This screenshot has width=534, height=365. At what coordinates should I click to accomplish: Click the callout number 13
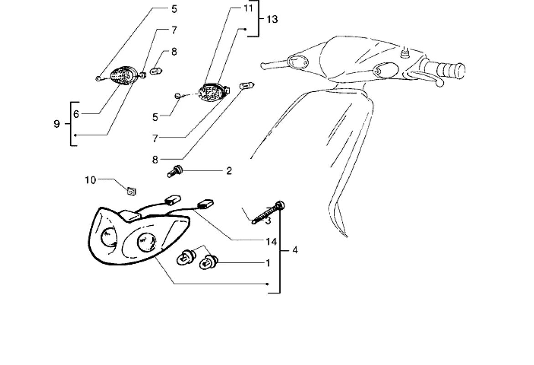click(x=272, y=19)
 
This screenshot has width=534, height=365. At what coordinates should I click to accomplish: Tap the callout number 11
click(x=248, y=8)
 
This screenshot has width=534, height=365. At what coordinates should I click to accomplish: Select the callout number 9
click(x=57, y=124)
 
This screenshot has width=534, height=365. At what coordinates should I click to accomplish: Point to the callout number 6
click(x=76, y=114)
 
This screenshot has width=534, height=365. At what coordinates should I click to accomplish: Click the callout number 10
click(x=90, y=180)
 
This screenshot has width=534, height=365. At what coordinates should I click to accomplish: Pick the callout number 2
click(x=229, y=171)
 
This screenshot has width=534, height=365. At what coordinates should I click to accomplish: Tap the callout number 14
click(x=271, y=241)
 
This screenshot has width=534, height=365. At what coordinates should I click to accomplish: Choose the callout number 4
click(x=295, y=250)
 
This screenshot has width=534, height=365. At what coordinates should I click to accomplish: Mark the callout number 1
click(x=268, y=263)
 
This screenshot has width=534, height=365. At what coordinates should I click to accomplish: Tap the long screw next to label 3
click(x=269, y=212)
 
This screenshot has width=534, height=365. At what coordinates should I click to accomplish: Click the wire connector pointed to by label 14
click(x=206, y=204)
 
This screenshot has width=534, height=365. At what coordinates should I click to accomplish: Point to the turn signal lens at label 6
click(x=123, y=76)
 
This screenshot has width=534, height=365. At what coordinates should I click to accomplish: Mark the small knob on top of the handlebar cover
click(x=403, y=54)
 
